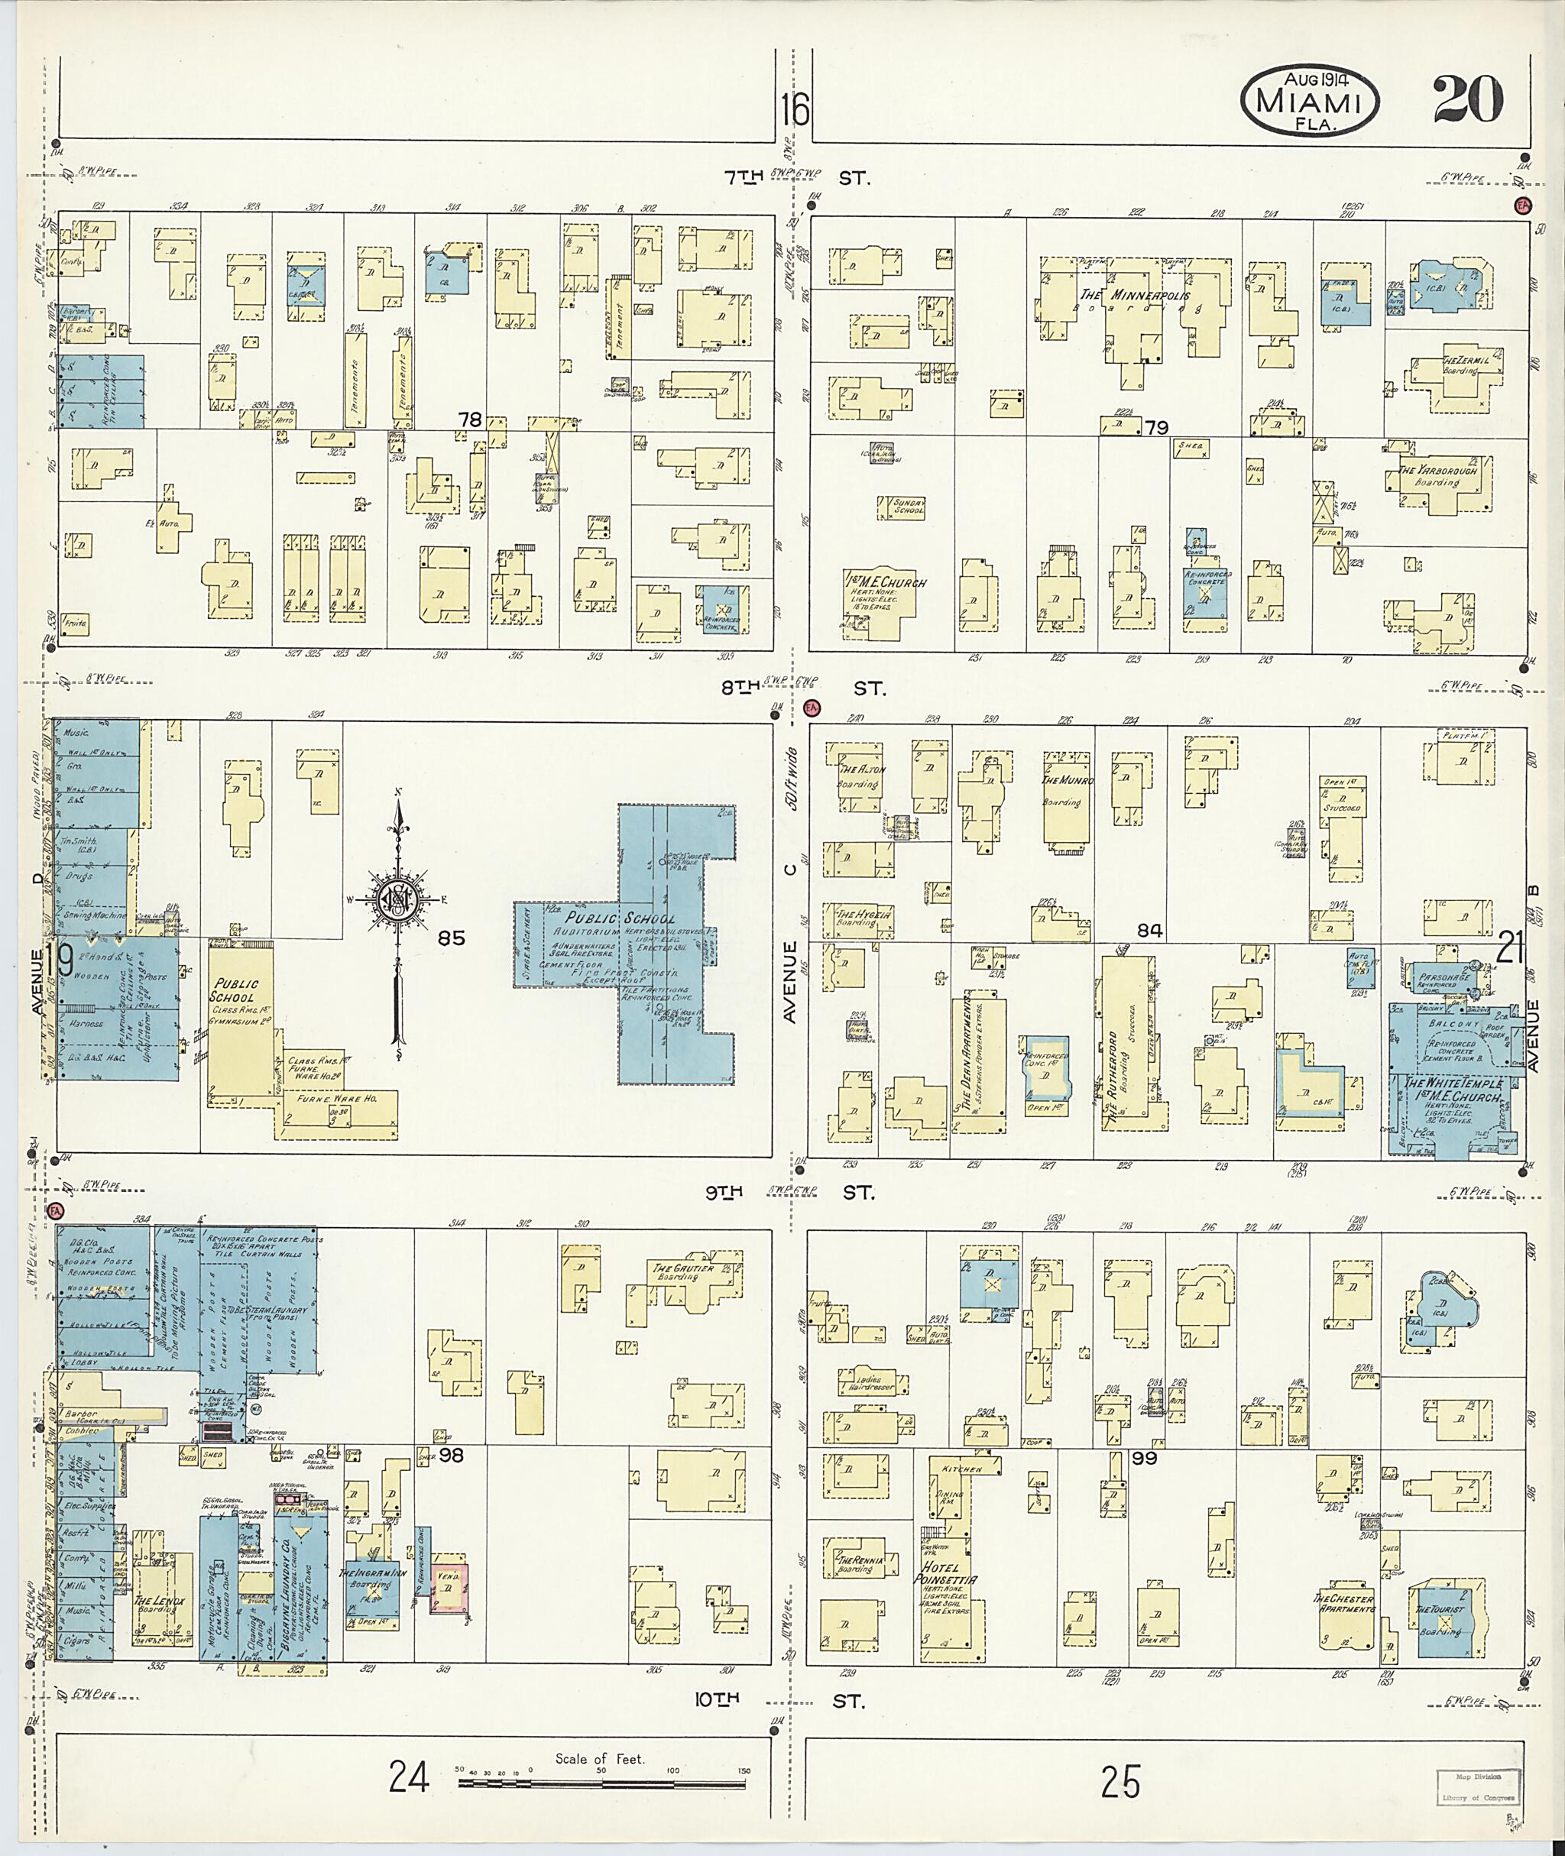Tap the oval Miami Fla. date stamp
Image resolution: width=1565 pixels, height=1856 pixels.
click(x=1310, y=103)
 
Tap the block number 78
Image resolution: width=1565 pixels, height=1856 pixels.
click(x=470, y=419)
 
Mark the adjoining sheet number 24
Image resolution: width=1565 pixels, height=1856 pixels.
click(x=409, y=1777)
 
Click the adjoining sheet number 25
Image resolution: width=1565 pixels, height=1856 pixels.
click(x=1120, y=1780)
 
